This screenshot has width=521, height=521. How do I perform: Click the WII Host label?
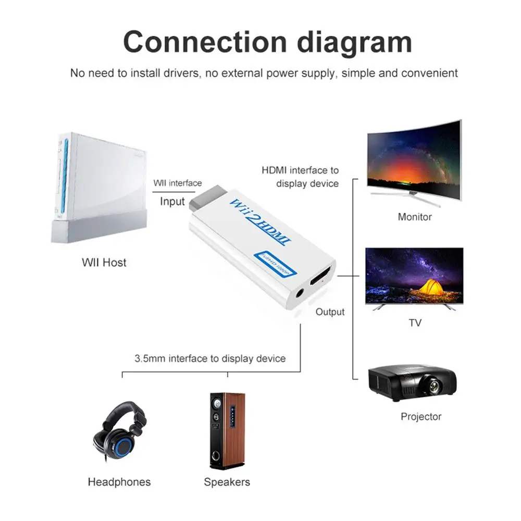coord(104,263)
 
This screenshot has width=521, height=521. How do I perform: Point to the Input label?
coord(172,201)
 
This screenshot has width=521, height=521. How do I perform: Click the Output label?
coord(330,312)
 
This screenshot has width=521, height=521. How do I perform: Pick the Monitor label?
coord(415,217)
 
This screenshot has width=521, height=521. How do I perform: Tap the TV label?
coord(415,323)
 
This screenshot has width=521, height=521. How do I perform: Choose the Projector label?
coord(421,416)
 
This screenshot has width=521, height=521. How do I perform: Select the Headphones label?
coord(119,482)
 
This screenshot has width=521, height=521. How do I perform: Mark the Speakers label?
coord(227,482)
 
